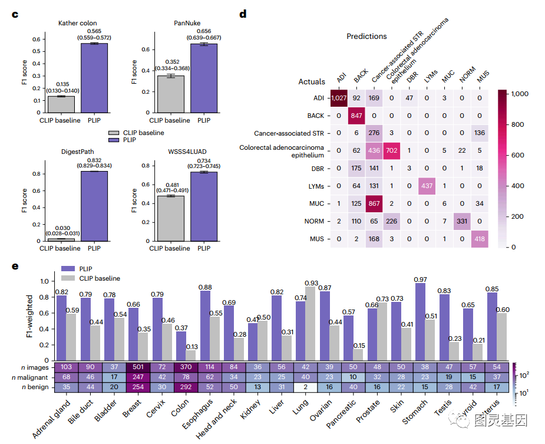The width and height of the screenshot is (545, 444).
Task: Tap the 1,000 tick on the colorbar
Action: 522,93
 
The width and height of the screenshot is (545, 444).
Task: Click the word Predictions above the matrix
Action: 366,36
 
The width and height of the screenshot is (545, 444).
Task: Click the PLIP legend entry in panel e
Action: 82,268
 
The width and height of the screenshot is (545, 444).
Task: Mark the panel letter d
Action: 243,13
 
